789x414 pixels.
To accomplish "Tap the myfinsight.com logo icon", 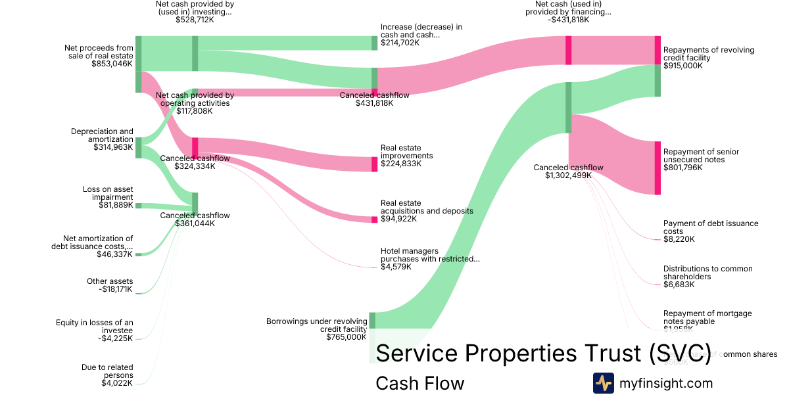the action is click(x=603, y=383).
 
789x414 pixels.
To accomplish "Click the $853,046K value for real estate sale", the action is click(x=112, y=64).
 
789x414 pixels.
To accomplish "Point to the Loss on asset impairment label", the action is click(x=108, y=193).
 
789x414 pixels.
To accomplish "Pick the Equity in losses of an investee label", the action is click(x=95, y=327).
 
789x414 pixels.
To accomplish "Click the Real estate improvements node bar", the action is click(x=374, y=164).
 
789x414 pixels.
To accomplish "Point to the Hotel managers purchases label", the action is click(x=430, y=255).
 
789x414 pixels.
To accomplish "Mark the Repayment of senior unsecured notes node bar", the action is click(x=657, y=168).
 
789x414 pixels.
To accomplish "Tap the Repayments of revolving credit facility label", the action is click(x=709, y=54).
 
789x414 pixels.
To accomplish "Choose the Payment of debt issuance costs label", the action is click(x=710, y=227).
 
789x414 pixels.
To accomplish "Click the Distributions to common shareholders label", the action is click(x=707, y=273).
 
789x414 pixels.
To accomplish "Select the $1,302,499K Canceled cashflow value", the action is click(x=568, y=175).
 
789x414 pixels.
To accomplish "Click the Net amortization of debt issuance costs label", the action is click(x=92, y=242).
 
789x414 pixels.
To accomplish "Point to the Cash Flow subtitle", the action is click(x=419, y=383).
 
